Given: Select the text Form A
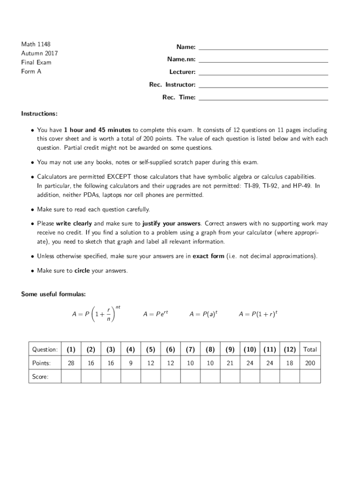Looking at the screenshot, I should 31,72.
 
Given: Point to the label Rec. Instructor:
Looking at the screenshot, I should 172,85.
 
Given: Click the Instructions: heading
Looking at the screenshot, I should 39,114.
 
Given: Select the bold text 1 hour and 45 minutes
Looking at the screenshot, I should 97,130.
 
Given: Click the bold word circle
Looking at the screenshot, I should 82,271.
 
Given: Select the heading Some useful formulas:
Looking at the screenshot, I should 53,294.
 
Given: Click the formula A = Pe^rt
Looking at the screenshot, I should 155,315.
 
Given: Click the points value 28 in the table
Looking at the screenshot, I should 71,363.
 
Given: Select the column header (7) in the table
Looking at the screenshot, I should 190,349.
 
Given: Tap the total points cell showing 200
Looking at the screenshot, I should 310,363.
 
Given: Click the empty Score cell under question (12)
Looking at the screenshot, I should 290,376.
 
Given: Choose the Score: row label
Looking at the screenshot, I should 40,377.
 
